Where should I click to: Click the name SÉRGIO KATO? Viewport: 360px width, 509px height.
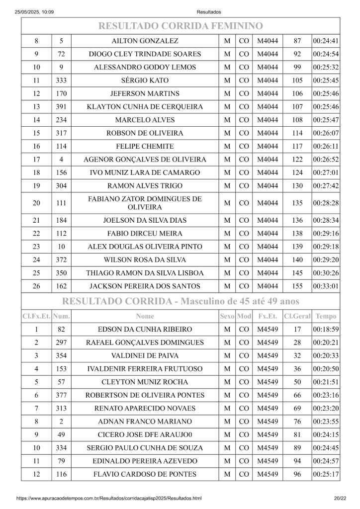145,81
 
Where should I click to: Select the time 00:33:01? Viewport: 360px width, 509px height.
326,286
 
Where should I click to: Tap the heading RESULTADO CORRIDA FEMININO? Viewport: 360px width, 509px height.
180,26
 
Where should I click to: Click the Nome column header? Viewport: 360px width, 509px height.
145,316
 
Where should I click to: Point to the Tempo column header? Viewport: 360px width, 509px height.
326,316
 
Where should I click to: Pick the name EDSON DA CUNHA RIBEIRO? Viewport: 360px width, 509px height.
145,329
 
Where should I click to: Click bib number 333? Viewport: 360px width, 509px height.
61,81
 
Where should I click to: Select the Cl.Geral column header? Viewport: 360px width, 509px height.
297,316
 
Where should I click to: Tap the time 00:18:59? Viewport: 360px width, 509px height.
326,329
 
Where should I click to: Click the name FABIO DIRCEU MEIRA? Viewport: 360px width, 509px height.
145,233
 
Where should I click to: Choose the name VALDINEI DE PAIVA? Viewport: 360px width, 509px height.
145,355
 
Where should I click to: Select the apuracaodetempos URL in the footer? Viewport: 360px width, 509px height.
109,498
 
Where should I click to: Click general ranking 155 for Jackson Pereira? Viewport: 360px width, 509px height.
297,286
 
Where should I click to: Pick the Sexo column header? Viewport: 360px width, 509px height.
227,316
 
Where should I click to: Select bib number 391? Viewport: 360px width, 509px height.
61,107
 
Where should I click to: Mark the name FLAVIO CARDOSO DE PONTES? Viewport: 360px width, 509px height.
145,474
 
